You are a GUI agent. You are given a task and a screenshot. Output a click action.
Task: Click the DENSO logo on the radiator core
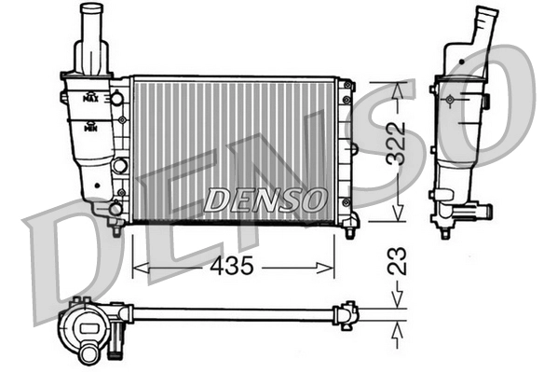[x=265, y=199]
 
